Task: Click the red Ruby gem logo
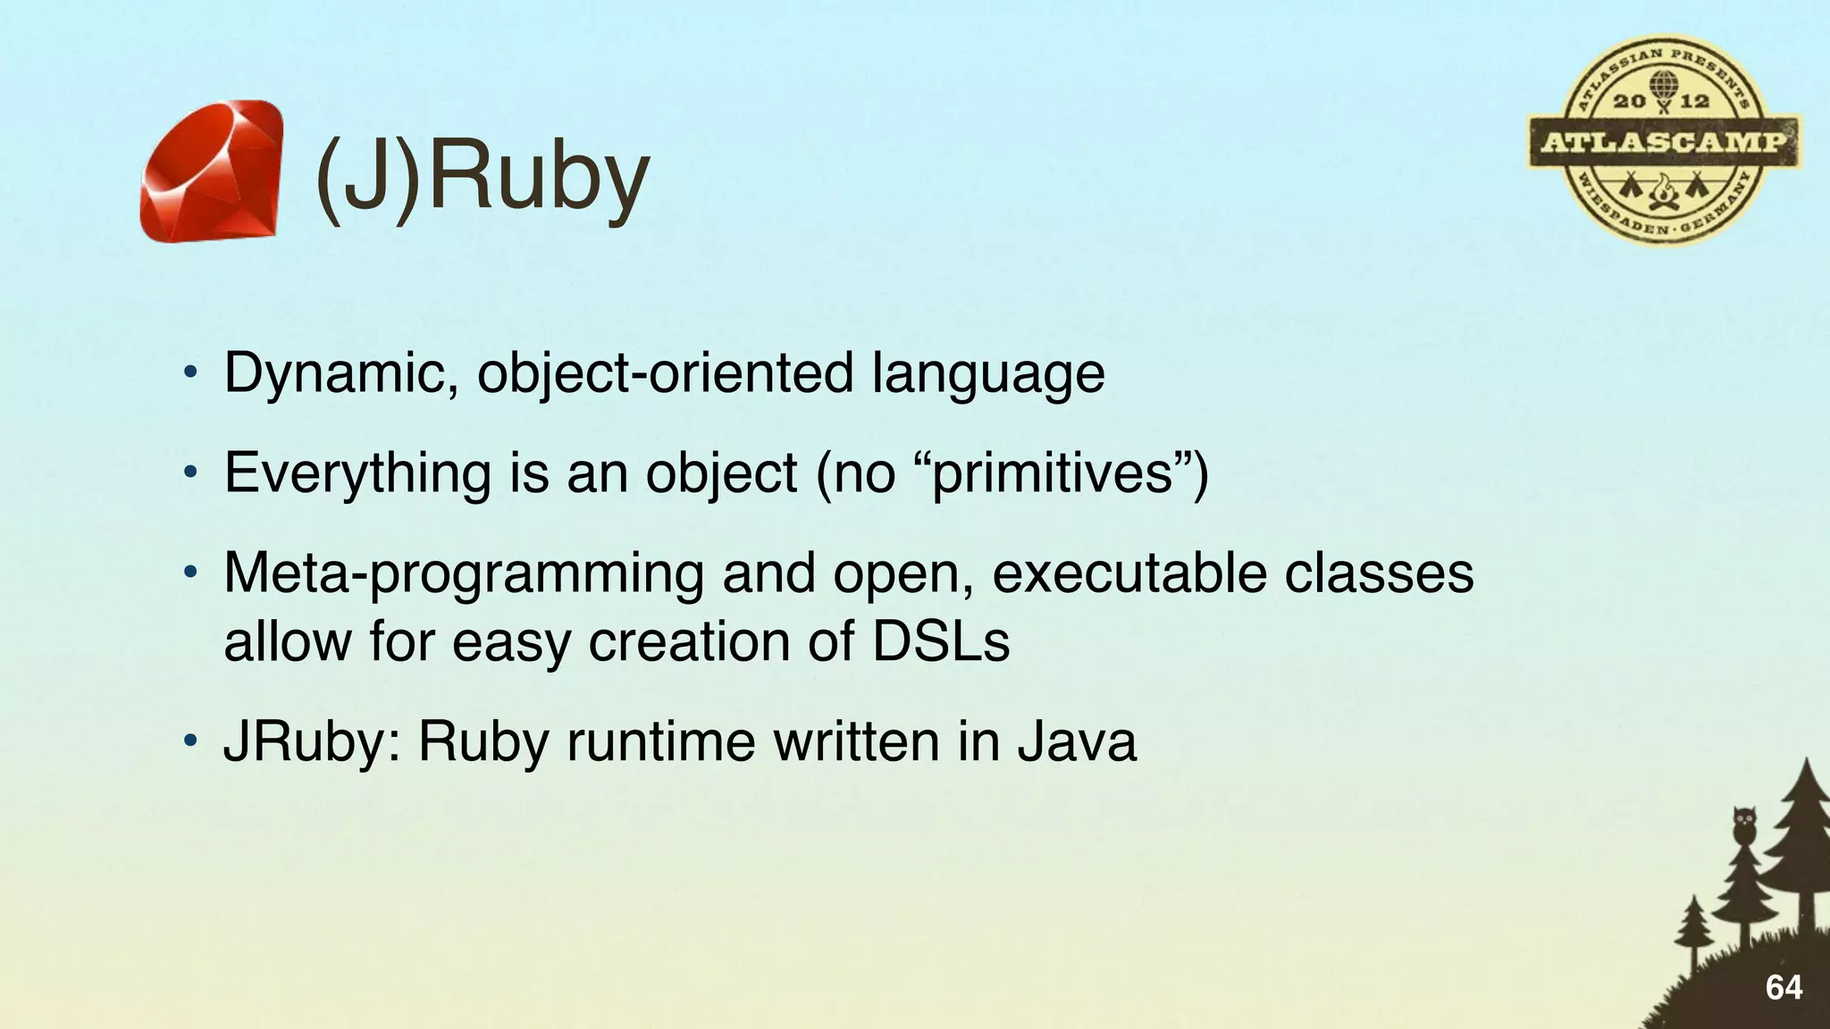(x=212, y=171)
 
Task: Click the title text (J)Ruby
(x=481, y=179)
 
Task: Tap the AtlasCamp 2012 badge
(x=1664, y=141)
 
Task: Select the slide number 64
(x=1784, y=988)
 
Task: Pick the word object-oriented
(x=665, y=373)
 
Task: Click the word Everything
(x=357, y=473)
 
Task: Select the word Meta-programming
(x=464, y=573)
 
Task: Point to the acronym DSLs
(x=941, y=641)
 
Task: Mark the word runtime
(x=661, y=742)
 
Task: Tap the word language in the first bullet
(x=988, y=373)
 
